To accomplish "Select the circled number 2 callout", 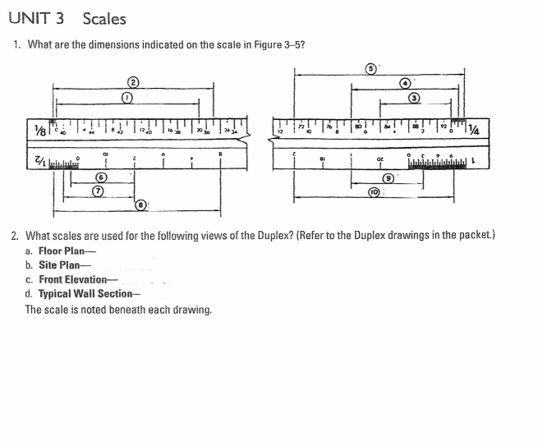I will pyautogui.click(x=131, y=80).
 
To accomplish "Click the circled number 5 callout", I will pyautogui.click(x=371, y=67).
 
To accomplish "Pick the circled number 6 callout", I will pyautogui.click(x=100, y=177).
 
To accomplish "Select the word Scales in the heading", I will pyautogui.click(x=104, y=18).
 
